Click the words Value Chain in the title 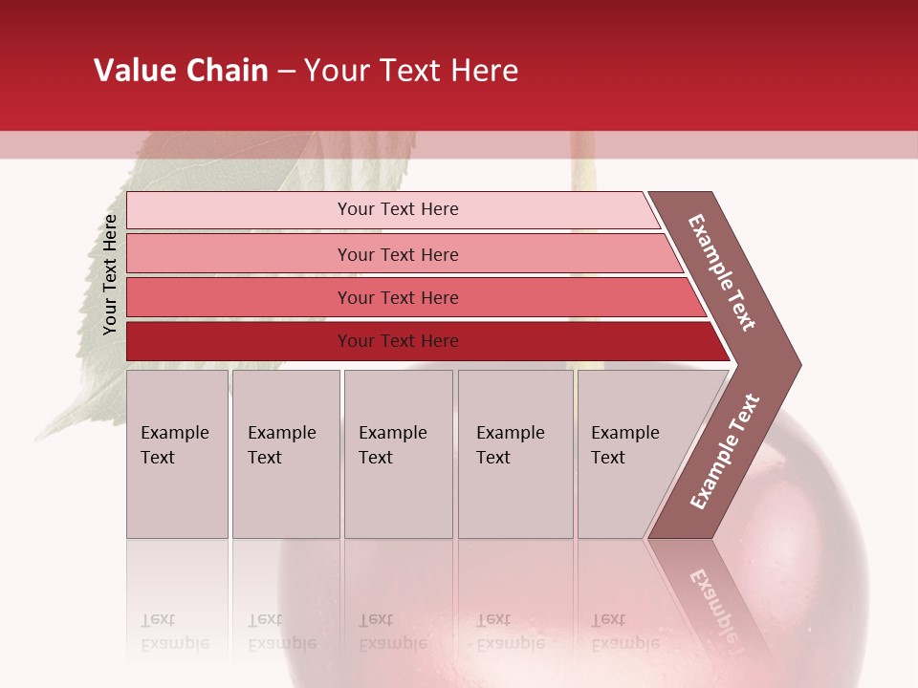point(181,71)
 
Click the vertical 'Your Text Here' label point(110,274)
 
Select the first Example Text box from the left point(177,454)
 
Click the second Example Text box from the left point(285,454)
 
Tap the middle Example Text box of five point(398,454)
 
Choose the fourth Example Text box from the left point(514,454)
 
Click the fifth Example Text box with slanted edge point(636,454)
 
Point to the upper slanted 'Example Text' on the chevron point(722,272)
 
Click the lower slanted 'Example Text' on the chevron point(725,452)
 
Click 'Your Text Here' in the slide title point(411,71)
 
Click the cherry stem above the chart point(580,161)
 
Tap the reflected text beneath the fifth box point(625,632)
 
